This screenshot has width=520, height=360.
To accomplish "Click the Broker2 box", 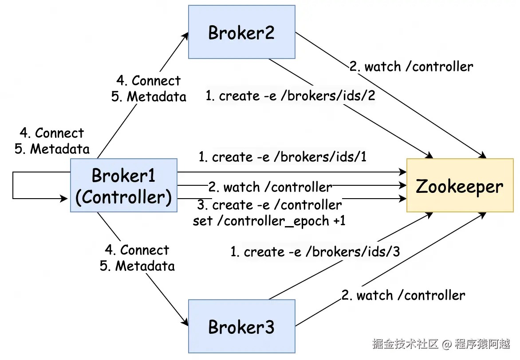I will (242, 32).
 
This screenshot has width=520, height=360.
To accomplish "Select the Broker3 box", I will (242, 326).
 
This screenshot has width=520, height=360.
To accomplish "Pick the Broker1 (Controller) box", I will (124, 185).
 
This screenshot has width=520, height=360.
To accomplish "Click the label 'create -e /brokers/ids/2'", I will (291, 96).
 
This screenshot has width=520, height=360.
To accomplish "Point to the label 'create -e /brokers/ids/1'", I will (283, 157).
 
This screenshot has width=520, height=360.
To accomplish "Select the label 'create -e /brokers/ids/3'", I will (315, 252).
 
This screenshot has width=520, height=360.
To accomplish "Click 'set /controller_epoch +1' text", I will (269, 221).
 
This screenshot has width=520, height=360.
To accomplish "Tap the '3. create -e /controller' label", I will (269, 205).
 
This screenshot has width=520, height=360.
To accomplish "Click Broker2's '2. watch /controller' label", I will (411, 67).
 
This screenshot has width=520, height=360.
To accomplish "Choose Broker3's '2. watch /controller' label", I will (403, 295).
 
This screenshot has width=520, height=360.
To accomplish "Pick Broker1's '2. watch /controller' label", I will (270, 187).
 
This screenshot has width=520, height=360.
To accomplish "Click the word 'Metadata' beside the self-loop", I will (60, 149).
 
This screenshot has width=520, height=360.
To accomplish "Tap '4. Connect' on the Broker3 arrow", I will (137, 250).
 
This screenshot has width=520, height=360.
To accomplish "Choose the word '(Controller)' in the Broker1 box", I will (124, 197).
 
